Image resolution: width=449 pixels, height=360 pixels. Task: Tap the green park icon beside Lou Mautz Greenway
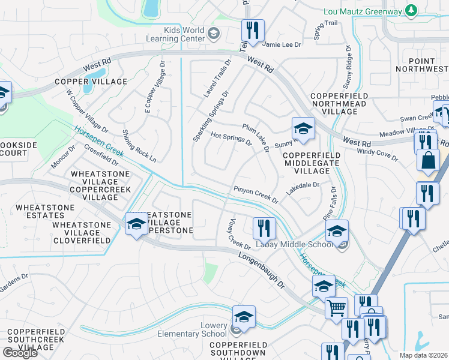[411, 10]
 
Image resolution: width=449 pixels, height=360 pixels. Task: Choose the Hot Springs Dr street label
[232, 139]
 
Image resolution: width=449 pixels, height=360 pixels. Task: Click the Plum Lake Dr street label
[256, 137]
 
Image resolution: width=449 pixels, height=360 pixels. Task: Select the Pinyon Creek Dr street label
[256, 194]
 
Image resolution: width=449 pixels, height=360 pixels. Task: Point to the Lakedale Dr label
[303, 186]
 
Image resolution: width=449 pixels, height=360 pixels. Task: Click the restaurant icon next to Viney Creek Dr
[264, 227]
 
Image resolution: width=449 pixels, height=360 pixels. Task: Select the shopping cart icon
[336, 308]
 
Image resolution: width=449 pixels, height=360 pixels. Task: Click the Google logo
[20, 353]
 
